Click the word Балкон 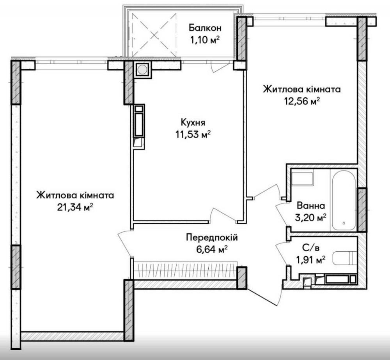coord(205,28)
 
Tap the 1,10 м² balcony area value coord(205,39)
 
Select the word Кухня coord(193,122)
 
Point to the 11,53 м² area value coord(193,134)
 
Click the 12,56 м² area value coord(302,101)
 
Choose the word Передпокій coord(212,238)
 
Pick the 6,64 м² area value coord(212,249)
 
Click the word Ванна coord(311,206)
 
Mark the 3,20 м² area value coord(311,218)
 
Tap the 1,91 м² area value coord(311,260)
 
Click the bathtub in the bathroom coord(344,201)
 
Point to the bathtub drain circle coord(344,223)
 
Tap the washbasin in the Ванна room coord(302,178)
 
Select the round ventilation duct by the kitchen coord(142,69)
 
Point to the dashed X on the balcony coord(154,35)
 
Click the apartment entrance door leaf coord(264,296)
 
